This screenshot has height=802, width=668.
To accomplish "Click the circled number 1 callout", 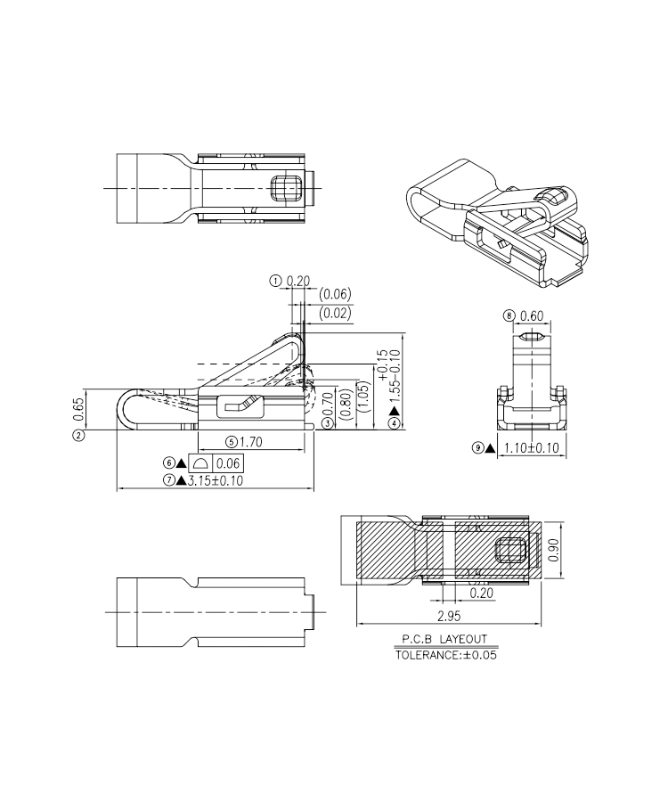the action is (275, 281).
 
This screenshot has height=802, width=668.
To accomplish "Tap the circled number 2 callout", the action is (78, 435).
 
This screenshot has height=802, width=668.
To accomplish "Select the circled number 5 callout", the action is (232, 442).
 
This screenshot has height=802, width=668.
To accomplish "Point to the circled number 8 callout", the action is (509, 315).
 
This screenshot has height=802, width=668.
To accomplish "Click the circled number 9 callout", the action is (477, 448).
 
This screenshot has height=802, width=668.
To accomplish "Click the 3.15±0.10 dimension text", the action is (216, 481).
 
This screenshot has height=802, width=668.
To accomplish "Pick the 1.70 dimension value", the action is (251, 442).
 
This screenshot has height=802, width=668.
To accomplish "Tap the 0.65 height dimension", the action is (78, 409).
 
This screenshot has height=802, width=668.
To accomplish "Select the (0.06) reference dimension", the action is (335, 294).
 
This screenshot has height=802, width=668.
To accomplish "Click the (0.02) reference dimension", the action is (335, 313).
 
